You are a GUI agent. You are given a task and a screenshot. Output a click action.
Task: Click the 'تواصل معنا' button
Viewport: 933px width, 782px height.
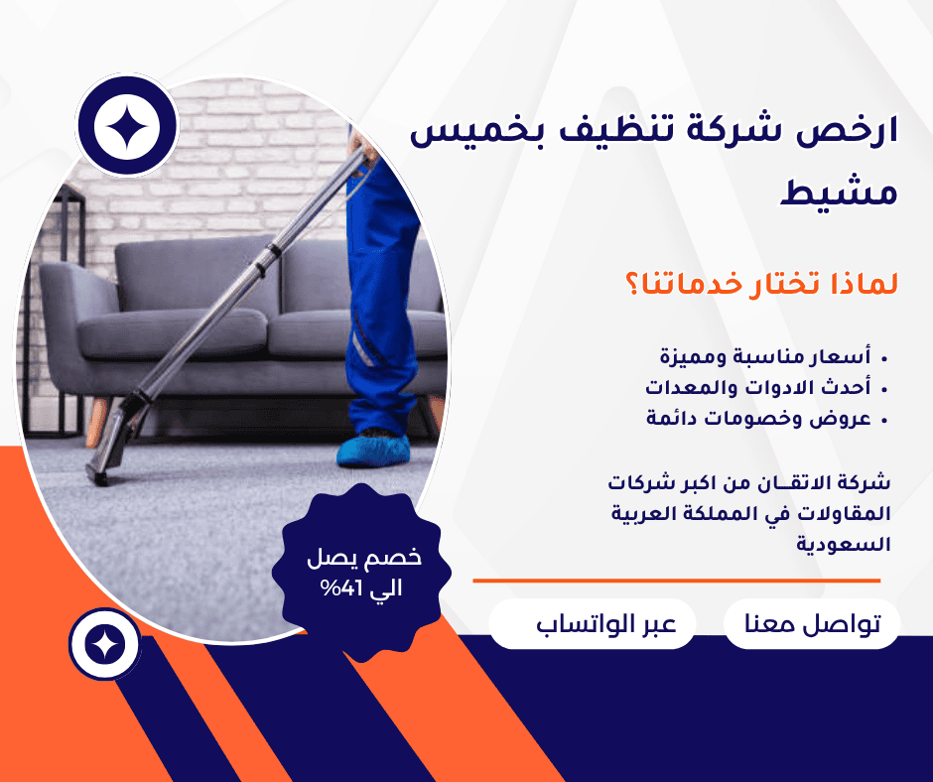[x=812, y=623]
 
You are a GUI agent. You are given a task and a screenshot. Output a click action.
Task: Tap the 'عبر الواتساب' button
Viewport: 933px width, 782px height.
[x=592, y=623]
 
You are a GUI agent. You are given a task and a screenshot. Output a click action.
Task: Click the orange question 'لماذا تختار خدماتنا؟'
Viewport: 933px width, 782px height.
[x=761, y=283]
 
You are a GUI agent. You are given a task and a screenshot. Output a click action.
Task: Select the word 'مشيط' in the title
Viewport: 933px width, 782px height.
[x=839, y=192]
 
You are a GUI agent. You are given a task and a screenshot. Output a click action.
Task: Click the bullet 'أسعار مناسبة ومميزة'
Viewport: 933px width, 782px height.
[x=765, y=357]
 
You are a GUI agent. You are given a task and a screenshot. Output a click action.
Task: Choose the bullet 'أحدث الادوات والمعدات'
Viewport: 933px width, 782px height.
[x=758, y=387]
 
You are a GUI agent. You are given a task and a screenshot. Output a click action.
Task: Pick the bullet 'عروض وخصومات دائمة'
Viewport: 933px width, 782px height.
[x=758, y=419]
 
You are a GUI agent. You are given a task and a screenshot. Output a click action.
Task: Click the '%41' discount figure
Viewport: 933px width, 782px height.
[x=338, y=588]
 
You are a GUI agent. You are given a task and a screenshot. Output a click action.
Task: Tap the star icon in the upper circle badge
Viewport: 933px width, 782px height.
[x=127, y=126]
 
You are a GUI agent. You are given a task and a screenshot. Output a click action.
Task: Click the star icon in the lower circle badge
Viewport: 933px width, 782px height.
[x=105, y=644]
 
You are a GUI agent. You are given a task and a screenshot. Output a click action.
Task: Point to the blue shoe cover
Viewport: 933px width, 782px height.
[x=373, y=450]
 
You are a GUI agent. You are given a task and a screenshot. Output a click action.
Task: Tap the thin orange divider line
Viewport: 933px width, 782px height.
[x=677, y=581]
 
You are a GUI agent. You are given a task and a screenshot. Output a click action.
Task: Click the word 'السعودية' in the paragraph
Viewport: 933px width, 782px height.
[x=843, y=544]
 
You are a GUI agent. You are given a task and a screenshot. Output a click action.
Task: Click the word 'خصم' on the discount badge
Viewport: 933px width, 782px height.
[x=399, y=557]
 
